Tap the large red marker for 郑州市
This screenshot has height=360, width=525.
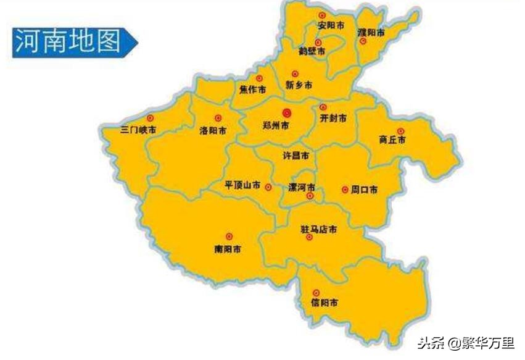click(286, 112)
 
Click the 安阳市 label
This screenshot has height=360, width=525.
click(331, 26)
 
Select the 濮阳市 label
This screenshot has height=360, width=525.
click(371, 32)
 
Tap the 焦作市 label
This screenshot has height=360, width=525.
click(253, 90)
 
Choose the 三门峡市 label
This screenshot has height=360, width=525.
click(138, 130)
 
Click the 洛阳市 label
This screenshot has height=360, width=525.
click(212, 130)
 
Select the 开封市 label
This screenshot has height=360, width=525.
click(333, 117)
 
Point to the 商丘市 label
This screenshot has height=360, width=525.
click(392, 140)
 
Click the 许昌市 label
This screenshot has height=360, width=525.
click(296, 156)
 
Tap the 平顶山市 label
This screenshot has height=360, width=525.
click(242, 185)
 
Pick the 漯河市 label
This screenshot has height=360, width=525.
click(302, 186)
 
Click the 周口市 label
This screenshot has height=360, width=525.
click(364, 190)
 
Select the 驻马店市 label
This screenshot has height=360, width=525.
click(318, 229)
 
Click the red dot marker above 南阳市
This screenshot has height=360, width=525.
click(229, 237)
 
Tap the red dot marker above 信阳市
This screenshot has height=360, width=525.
click(316, 293)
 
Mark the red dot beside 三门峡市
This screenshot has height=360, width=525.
click(149, 117)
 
